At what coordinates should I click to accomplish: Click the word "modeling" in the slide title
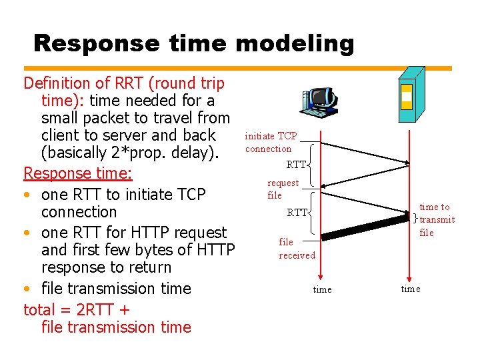[x=295, y=43]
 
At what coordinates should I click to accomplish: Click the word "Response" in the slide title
[x=96, y=43]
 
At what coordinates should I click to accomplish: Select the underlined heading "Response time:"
[x=78, y=173]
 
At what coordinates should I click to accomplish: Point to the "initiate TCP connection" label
[x=271, y=142]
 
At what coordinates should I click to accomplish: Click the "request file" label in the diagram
[x=282, y=189]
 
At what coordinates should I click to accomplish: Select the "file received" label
[x=297, y=249]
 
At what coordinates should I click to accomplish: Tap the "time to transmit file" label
[x=437, y=219]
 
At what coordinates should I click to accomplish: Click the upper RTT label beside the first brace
[x=296, y=165]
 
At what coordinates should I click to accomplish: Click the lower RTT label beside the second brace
[x=297, y=213]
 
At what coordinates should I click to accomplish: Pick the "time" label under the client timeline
[x=322, y=289]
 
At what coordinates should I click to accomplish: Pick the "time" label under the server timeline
[x=410, y=289]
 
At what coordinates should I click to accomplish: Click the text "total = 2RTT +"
[x=77, y=309]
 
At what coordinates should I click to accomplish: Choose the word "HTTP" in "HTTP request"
[x=125, y=233]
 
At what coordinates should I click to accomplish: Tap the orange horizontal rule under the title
[x=237, y=67]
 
